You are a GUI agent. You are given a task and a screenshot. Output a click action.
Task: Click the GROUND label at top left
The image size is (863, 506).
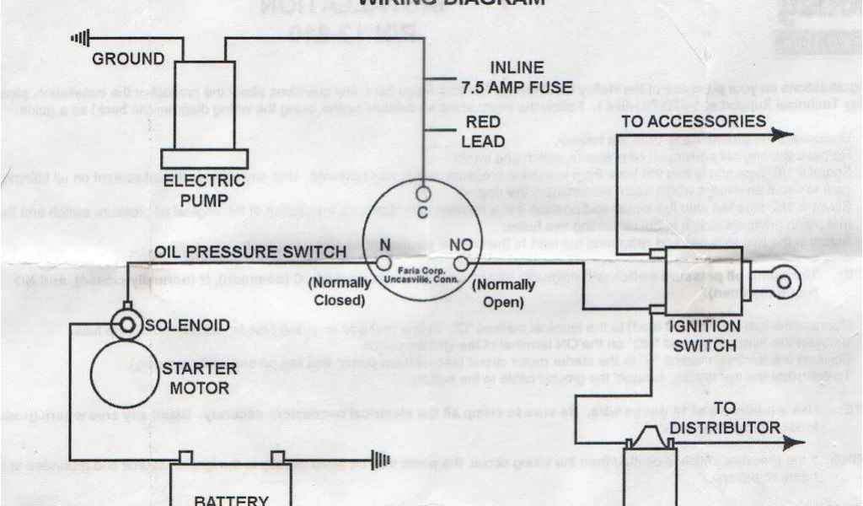pyautogui.click(x=128, y=59)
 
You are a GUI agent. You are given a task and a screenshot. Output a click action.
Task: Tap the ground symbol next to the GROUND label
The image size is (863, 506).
pyautogui.click(x=78, y=38)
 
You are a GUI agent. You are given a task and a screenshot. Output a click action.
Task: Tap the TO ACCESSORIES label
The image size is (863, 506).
pyautogui.click(x=693, y=121)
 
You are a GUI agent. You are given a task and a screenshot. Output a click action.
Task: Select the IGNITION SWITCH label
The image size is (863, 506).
pyautogui.click(x=705, y=335)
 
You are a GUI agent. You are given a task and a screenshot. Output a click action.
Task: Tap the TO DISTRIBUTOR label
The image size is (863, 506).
pyautogui.click(x=727, y=418)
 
